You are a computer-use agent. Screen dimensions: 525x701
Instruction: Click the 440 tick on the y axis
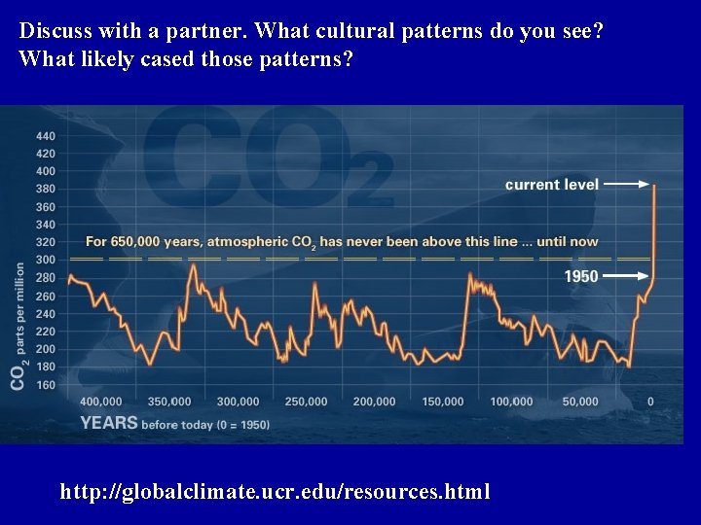[x=46, y=135]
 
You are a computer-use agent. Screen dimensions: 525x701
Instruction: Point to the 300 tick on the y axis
[x=46, y=260]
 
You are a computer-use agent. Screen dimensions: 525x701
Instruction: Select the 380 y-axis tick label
[x=46, y=189]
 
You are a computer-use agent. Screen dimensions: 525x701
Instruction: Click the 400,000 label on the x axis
[x=101, y=402]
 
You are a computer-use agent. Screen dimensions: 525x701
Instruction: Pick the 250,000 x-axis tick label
[x=307, y=402]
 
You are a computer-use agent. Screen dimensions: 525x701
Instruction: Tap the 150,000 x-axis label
[x=443, y=402]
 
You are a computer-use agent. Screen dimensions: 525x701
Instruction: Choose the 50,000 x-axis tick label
[x=580, y=402]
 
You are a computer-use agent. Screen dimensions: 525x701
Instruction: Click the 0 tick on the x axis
[x=650, y=402]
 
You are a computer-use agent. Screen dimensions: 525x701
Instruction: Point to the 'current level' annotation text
[x=551, y=184]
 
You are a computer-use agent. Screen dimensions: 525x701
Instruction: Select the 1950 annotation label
[x=581, y=276]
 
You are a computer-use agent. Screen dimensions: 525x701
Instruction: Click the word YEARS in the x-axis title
[x=109, y=423]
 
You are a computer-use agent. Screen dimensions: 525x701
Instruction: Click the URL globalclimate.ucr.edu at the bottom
[x=276, y=491]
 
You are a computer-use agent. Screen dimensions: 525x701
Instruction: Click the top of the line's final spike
[x=653, y=186]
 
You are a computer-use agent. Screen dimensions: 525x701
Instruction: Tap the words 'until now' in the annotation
[x=569, y=241]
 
